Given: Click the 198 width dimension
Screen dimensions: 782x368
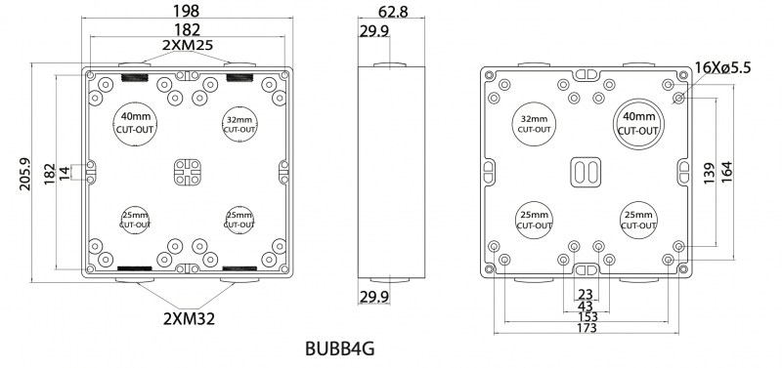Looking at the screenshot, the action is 187,11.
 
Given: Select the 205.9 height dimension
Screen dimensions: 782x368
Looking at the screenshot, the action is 25,175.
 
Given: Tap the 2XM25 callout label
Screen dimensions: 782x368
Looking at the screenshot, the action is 188,45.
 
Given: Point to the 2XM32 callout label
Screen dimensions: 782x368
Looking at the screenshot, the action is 189,318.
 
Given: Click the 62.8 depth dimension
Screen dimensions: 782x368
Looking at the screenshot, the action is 393,11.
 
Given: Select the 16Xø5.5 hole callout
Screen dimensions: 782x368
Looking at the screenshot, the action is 722,67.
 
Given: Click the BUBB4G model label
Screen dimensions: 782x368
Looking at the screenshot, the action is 339,349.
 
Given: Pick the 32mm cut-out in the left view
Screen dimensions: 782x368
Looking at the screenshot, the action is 239,125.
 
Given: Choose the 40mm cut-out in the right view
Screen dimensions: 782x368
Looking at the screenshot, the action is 638,124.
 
